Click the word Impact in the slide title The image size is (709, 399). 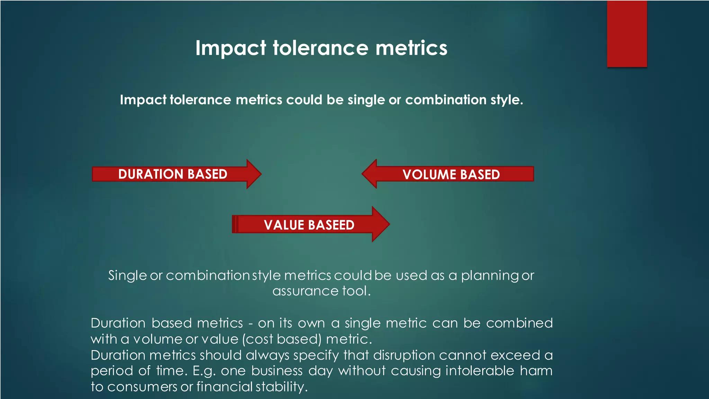[x=231, y=48]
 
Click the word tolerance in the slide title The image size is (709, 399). [x=321, y=48]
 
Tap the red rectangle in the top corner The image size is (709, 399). [x=627, y=34]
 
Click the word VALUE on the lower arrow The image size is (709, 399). [x=284, y=225]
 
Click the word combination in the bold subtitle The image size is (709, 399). [x=446, y=100]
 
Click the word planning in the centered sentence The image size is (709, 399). [x=490, y=276]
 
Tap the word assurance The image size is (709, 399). [x=305, y=291]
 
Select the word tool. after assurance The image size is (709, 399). [x=357, y=291]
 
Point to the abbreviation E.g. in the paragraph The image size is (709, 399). [x=204, y=371]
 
